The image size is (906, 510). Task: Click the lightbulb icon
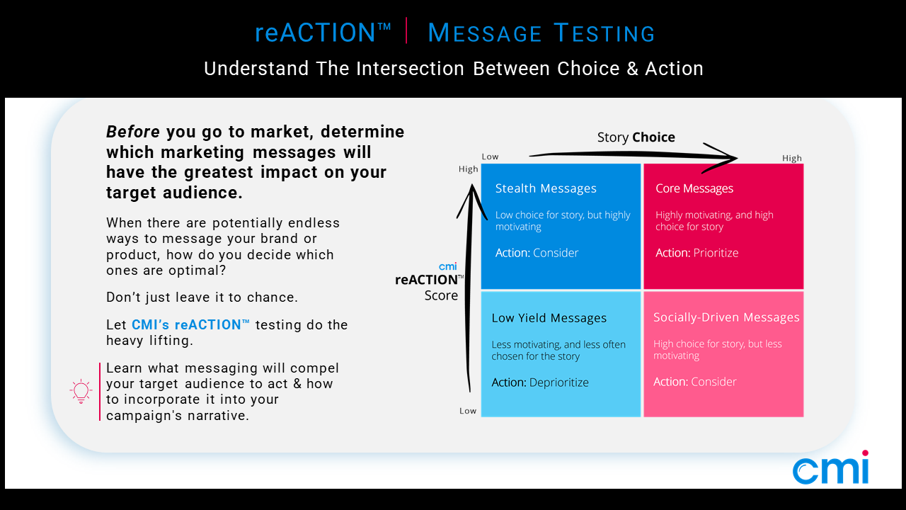(x=81, y=392)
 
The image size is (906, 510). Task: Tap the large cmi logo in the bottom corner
(x=831, y=467)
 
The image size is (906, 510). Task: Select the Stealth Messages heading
(x=546, y=188)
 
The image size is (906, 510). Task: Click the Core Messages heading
(x=694, y=188)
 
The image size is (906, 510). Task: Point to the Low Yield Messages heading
(x=549, y=318)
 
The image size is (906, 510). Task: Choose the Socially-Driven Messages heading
(x=726, y=317)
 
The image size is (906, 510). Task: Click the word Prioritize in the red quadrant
(x=716, y=253)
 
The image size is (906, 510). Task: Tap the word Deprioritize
(x=558, y=382)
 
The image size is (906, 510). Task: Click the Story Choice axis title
(x=636, y=137)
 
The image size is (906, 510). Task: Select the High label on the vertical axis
(x=468, y=169)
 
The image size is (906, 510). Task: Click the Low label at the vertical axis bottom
(x=468, y=411)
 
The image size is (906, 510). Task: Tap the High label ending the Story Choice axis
(x=791, y=158)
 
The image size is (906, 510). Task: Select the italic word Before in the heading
(x=132, y=132)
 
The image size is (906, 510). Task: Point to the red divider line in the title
(x=406, y=30)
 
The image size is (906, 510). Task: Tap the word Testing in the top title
(x=604, y=33)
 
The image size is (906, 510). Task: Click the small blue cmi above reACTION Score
(x=448, y=267)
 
